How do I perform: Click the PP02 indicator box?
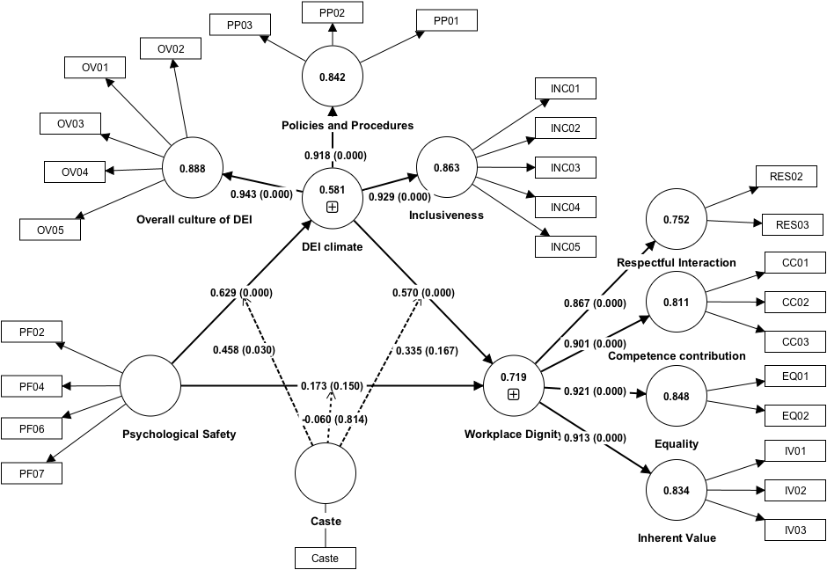332,13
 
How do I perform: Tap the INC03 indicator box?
566,167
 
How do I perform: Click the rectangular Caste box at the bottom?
325,558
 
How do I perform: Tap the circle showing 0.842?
333,77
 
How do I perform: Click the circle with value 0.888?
192,167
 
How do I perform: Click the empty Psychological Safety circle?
150,384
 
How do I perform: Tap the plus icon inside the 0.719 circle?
514,394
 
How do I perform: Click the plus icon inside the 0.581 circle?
333,207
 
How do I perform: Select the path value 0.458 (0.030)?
244,349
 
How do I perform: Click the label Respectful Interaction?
677,262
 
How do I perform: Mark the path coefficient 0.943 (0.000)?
261,194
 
